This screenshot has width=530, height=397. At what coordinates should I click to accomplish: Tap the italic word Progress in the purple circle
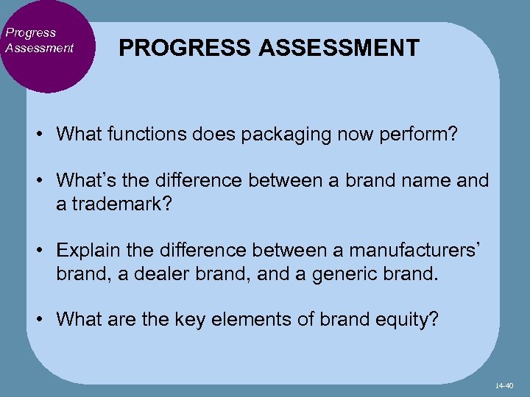(30, 32)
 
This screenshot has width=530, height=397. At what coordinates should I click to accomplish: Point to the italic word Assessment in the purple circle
(39, 48)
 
